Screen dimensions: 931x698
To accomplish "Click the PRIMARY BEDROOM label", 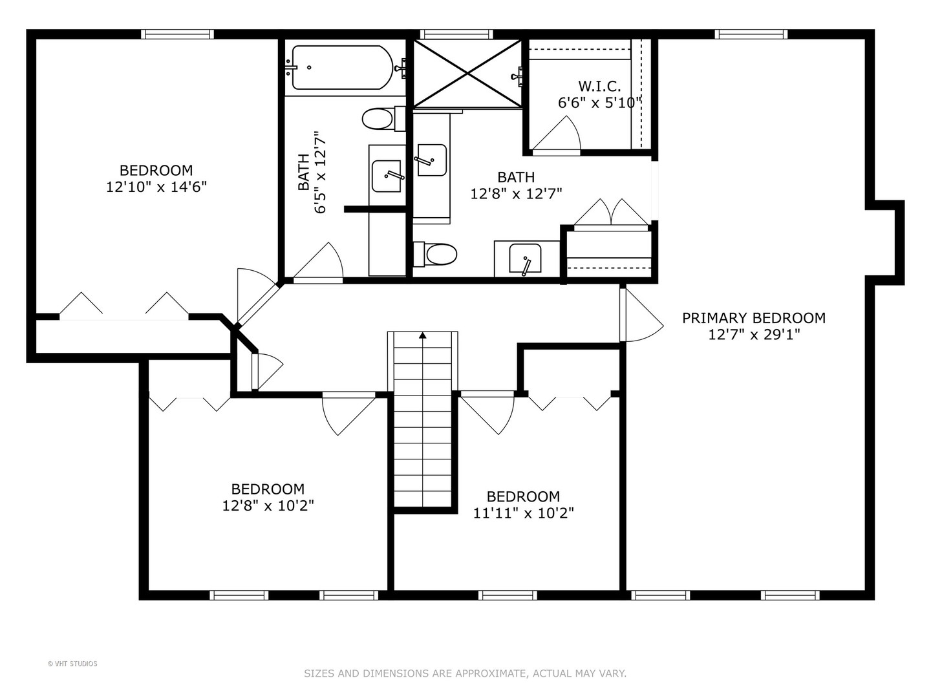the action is click(754, 318).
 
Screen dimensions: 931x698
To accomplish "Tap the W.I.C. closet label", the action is click(599, 86).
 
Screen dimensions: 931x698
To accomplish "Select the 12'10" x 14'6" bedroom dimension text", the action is click(156, 187).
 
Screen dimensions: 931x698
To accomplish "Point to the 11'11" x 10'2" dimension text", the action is click(523, 513).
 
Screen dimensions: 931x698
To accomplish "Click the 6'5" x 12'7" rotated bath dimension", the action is click(320, 173).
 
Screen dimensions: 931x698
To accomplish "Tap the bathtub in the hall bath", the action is click(343, 67).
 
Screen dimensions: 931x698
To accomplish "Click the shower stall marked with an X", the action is click(467, 73).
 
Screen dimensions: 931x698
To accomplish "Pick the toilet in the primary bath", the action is click(435, 255).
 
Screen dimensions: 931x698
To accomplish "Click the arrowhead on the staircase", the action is click(422, 335).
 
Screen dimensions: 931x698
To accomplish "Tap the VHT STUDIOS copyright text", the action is click(72, 664).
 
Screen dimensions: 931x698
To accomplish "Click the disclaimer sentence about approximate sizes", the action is click(465, 673).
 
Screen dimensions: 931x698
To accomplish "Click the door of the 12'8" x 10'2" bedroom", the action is click(348, 414).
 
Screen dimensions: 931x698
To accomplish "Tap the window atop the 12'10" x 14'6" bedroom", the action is click(177, 34).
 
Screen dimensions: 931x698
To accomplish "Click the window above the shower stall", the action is click(456, 34).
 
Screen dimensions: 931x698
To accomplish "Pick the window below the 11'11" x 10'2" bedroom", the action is click(508, 595).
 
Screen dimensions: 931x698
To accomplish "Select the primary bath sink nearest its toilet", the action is click(526, 259).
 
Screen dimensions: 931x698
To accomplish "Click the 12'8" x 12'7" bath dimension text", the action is click(516, 194).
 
